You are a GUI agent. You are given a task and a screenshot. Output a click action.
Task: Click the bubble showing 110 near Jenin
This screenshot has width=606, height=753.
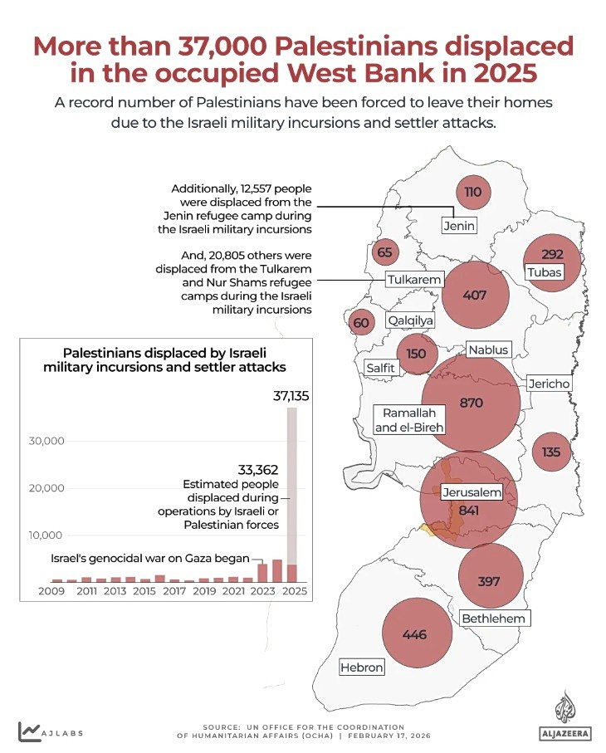click(473, 192)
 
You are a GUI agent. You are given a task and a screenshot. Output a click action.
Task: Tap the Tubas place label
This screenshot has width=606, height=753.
click(544, 272)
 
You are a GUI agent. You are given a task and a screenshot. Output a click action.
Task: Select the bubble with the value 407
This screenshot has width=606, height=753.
click(475, 296)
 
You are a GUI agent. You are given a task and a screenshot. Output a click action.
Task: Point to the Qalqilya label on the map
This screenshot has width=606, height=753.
click(410, 320)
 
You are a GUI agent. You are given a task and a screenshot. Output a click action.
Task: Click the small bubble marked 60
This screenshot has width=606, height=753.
click(361, 323)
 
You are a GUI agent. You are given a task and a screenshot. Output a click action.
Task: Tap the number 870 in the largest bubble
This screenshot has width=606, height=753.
click(471, 403)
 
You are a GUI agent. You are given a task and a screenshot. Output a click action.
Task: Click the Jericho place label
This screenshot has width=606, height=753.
click(549, 384)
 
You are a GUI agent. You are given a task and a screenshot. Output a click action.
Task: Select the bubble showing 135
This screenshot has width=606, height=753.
click(551, 452)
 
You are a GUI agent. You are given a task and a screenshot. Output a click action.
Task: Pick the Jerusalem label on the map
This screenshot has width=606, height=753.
click(472, 492)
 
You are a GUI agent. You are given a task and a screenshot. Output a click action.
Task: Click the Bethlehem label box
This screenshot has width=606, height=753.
click(494, 619)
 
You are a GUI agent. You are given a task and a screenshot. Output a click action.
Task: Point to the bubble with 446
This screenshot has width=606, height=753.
click(414, 635)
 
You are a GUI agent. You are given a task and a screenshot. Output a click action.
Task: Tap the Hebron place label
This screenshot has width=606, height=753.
click(362, 667)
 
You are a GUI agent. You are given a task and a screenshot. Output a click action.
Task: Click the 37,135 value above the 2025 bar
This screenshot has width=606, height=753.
click(291, 397)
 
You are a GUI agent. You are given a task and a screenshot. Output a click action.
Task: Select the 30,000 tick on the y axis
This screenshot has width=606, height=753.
click(46, 441)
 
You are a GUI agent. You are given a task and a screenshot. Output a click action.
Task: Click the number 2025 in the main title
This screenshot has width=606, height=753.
click(500, 73)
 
